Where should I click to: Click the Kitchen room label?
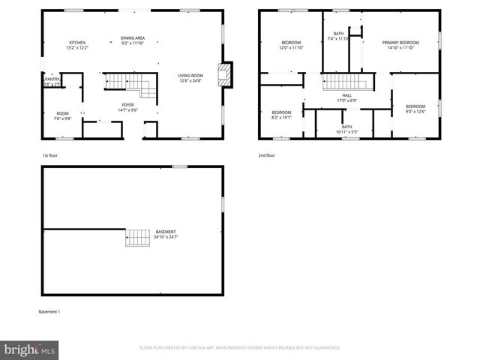(78, 45)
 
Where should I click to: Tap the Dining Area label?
(133, 41)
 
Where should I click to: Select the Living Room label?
(190, 77)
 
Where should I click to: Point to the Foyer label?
(128, 107)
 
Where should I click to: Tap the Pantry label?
(52, 81)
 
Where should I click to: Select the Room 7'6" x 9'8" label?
(62, 115)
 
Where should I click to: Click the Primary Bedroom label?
(400, 45)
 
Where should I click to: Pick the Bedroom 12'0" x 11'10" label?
(291, 45)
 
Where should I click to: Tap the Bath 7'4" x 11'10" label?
(339, 36)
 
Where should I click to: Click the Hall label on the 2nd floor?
(346, 97)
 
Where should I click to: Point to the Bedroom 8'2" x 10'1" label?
(281, 114)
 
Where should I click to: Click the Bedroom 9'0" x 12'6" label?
(415, 109)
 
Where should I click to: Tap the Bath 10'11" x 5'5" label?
(346, 130)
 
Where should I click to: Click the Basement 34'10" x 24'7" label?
(166, 234)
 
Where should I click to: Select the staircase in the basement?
(137, 237)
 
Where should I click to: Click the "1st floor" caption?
(50, 155)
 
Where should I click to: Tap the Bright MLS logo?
(29, 349)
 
